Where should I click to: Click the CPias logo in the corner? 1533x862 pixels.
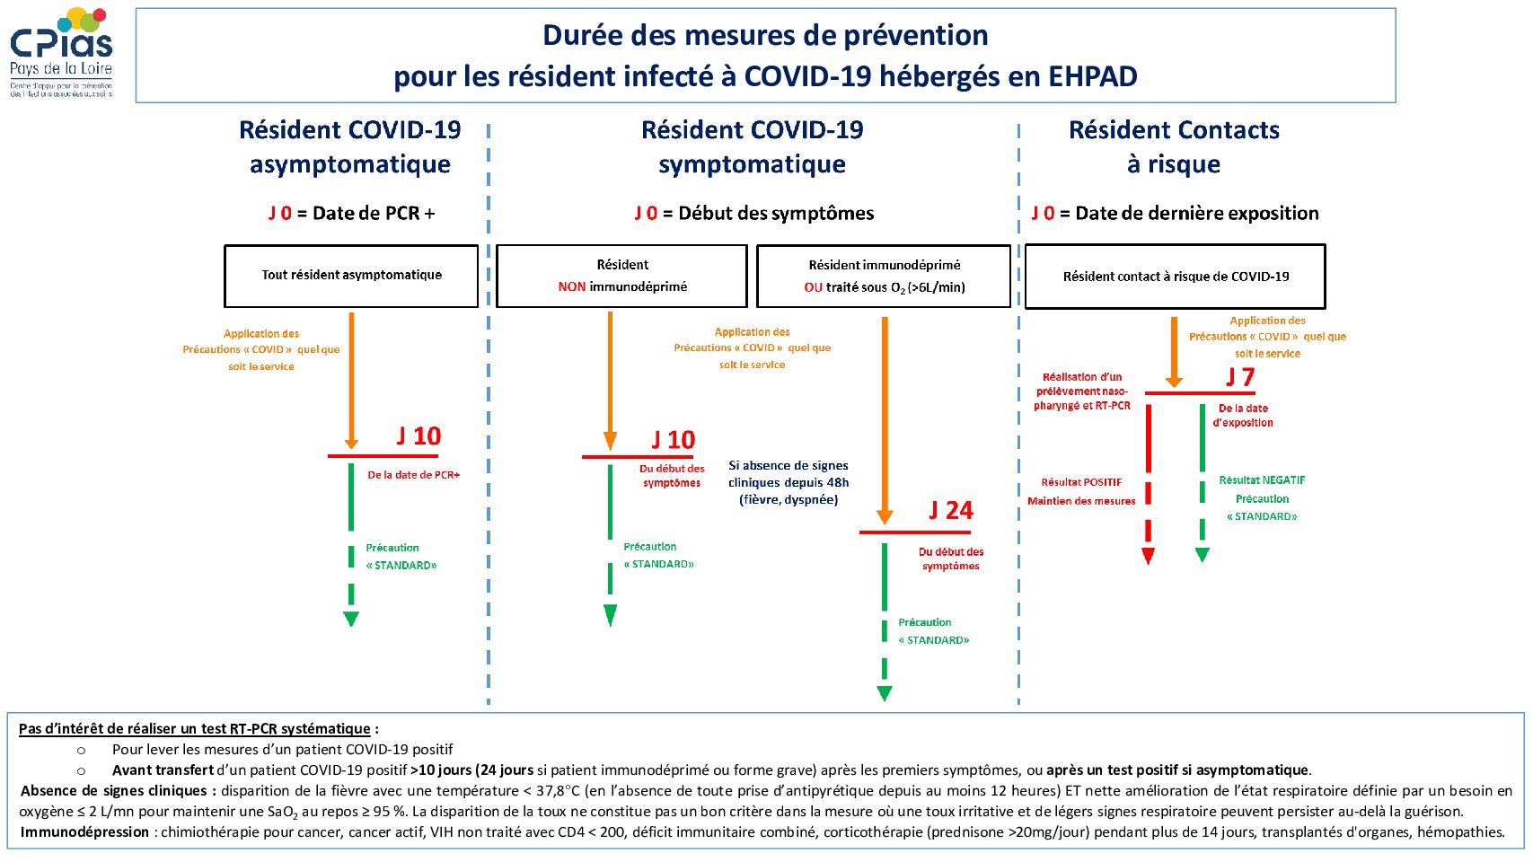click(x=62, y=52)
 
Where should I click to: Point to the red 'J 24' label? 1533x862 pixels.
click(x=950, y=510)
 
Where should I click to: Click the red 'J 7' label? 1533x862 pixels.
click(x=1239, y=377)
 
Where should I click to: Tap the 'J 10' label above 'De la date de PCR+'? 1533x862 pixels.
click(x=418, y=436)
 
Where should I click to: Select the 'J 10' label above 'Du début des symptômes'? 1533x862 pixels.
click(x=673, y=440)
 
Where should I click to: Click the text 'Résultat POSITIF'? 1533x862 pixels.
click(x=1081, y=482)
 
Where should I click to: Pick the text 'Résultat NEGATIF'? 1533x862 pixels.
click(x=1262, y=480)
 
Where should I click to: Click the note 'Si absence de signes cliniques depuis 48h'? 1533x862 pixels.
click(x=789, y=482)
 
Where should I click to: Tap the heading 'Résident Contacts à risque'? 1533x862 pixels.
click(x=1174, y=147)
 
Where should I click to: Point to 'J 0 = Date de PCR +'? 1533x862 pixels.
click(x=351, y=214)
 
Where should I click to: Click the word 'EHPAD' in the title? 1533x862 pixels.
click(x=1093, y=76)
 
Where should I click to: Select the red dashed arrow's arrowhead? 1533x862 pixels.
click(x=1149, y=556)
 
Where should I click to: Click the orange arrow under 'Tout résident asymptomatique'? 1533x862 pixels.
click(x=351, y=381)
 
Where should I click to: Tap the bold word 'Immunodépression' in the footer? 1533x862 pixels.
click(x=84, y=832)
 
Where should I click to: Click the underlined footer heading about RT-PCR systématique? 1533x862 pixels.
click(x=194, y=729)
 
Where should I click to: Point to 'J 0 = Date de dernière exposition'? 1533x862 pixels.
click(x=1175, y=214)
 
